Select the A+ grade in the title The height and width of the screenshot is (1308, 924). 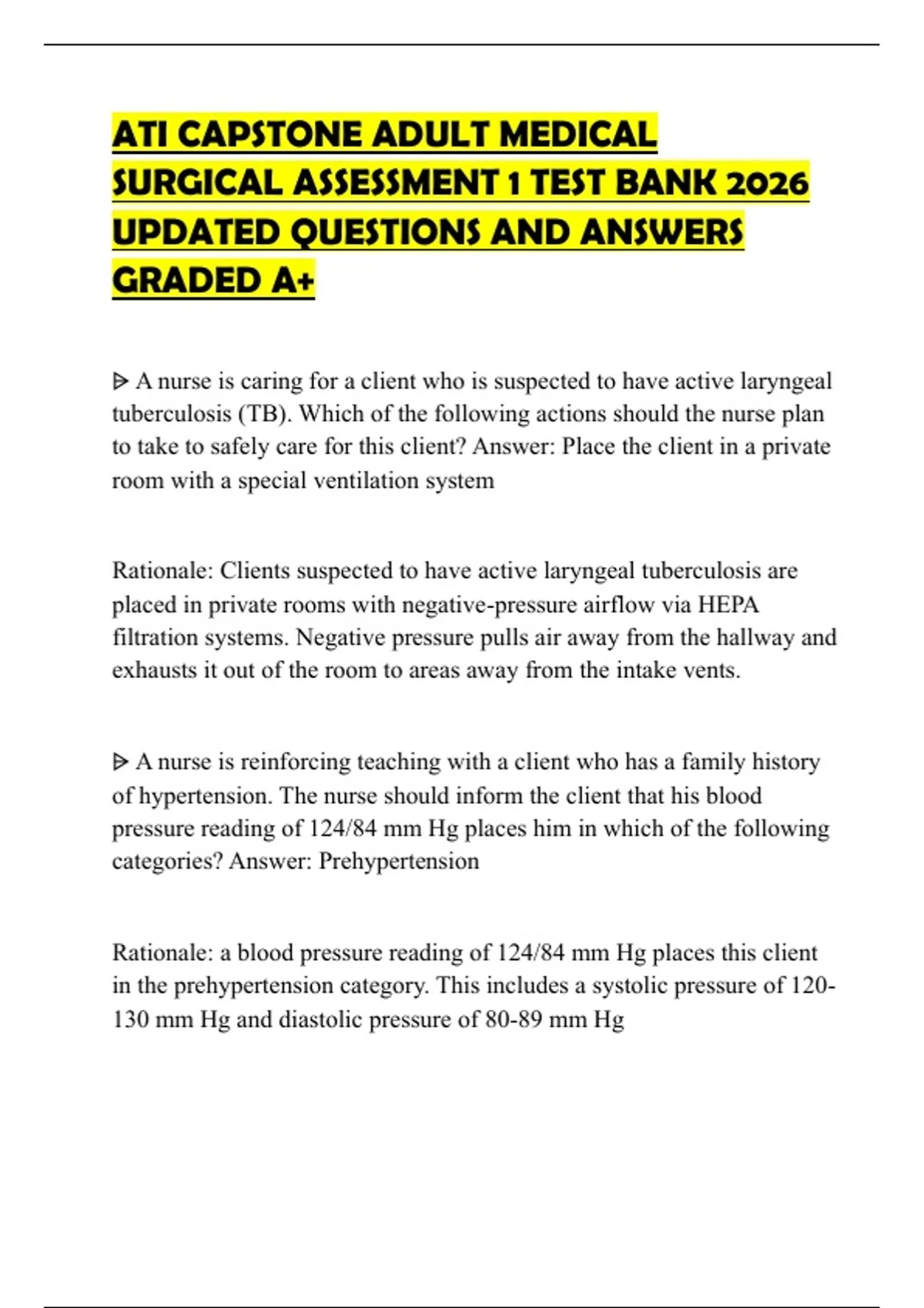(293, 280)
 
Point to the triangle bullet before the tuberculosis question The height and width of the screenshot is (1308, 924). (120, 381)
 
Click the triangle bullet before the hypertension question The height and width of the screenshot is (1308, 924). (120, 762)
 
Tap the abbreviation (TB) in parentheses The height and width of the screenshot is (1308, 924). (266, 414)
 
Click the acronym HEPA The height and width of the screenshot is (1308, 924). (728, 605)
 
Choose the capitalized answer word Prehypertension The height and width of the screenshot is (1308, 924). (399, 861)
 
